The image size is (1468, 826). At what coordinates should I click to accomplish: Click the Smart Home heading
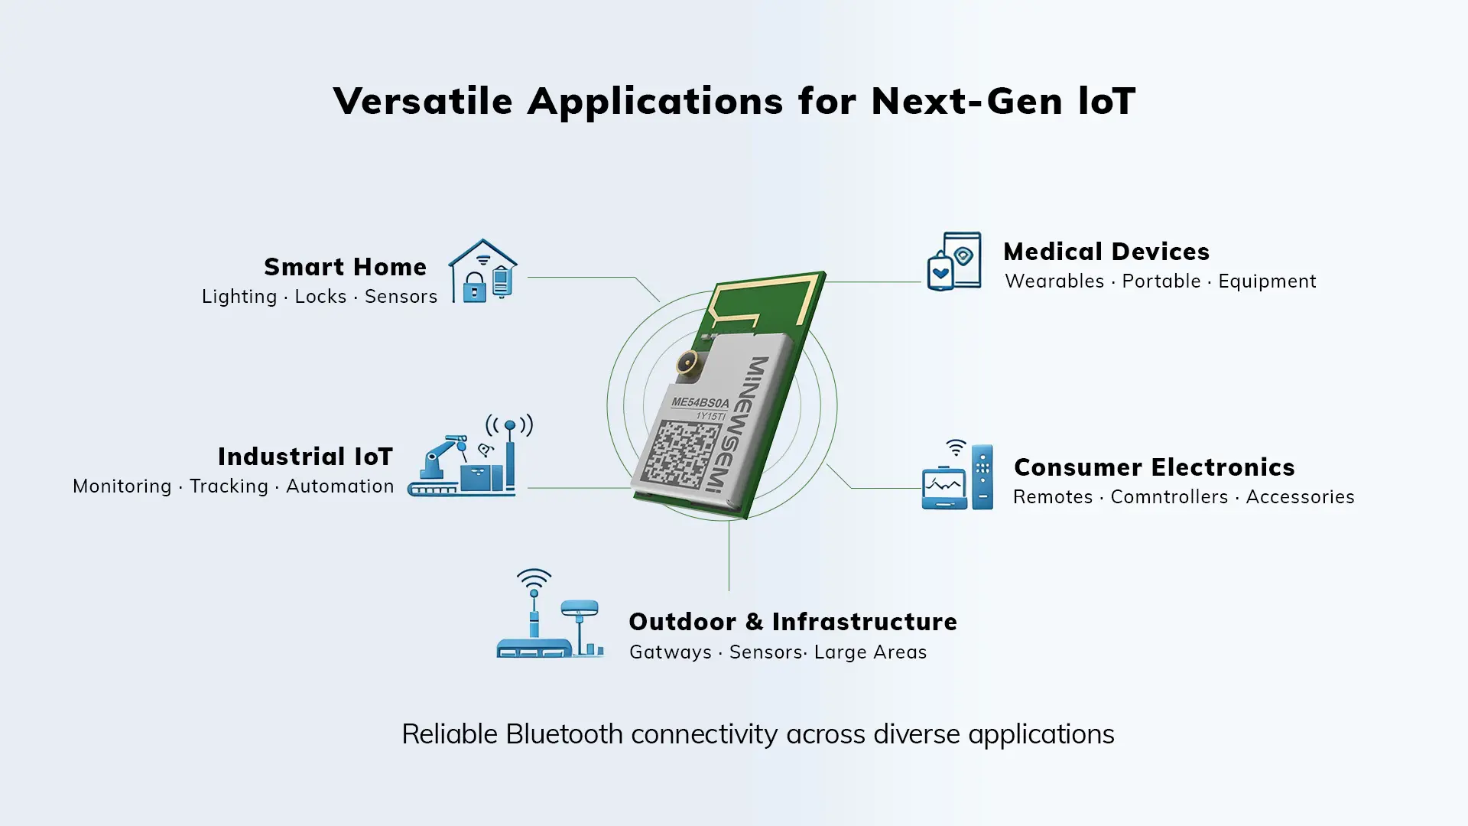345,267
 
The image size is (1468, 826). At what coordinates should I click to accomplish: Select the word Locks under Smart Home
320,297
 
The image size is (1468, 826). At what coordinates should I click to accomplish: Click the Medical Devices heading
1106,252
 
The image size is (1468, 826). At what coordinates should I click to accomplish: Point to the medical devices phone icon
954,262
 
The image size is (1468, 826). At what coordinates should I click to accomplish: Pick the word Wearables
1054,281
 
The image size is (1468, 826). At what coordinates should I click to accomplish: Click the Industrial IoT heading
305,457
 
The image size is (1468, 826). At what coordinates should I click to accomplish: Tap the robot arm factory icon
470,456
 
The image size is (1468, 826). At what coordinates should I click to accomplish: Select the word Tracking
229,486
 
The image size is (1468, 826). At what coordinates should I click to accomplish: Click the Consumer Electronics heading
1155,467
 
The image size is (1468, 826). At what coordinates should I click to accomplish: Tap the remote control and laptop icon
957,475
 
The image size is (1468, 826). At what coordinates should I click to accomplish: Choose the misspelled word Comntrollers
1169,497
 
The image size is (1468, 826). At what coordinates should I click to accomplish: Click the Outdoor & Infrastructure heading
793,622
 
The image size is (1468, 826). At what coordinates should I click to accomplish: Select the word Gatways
671,652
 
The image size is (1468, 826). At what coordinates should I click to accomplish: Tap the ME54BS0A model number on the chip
700,402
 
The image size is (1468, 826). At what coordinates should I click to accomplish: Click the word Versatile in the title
423,101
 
